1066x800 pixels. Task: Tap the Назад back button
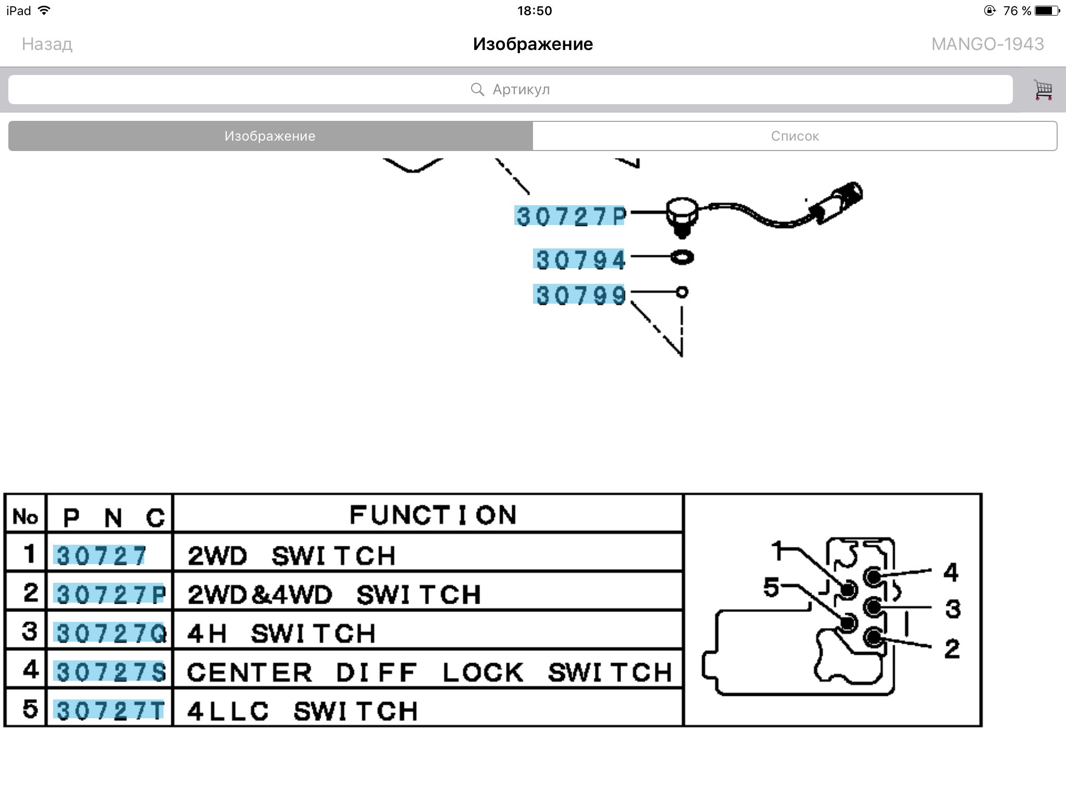(47, 44)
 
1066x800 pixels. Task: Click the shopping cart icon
(1043, 90)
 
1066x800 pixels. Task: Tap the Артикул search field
(510, 90)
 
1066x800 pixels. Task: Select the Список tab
(795, 136)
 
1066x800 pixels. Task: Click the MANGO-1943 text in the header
(987, 44)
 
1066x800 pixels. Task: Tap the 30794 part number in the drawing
(579, 259)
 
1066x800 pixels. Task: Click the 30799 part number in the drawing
(579, 295)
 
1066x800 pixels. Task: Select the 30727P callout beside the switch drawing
(569, 216)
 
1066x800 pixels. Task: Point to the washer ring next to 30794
(682, 257)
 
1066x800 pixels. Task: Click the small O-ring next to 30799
(682, 292)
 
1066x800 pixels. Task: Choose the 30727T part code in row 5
(109, 710)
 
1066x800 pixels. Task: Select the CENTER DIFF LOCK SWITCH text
(429, 672)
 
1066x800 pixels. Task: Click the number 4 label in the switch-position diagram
(950, 572)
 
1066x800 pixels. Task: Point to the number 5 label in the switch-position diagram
(771, 587)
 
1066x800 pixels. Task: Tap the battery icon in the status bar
(1047, 11)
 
